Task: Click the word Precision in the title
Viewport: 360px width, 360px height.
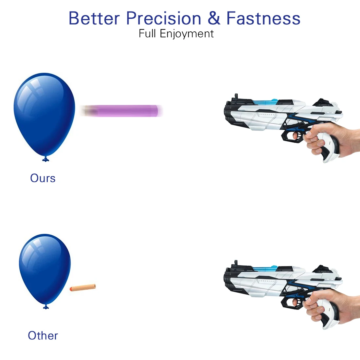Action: point(164,18)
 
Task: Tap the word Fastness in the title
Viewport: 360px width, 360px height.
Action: point(263,18)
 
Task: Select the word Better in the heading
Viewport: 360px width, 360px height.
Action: point(94,18)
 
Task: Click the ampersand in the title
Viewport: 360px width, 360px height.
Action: point(214,18)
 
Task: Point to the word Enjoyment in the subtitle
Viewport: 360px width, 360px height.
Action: point(187,34)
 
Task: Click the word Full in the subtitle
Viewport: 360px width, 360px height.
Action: point(147,33)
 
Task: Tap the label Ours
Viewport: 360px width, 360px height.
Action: point(43,178)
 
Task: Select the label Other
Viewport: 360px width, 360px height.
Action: point(43,335)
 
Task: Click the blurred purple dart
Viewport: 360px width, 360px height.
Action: point(121,111)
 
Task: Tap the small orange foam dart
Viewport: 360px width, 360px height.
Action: point(83,287)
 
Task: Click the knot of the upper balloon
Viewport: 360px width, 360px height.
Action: point(46,159)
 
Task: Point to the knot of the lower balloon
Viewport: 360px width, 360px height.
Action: point(46,307)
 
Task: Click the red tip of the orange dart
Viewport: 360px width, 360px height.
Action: point(71,289)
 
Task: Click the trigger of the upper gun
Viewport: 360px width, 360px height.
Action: point(297,135)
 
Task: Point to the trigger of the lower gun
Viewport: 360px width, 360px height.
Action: point(297,302)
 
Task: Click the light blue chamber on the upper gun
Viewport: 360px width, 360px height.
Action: point(265,102)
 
